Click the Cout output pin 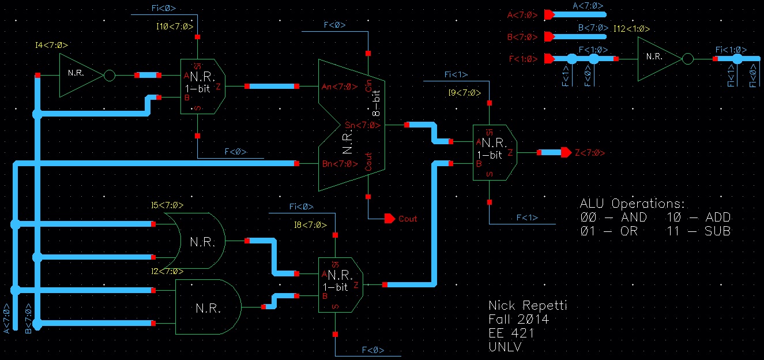(x=390, y=219)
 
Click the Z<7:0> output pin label (x=590, y=153)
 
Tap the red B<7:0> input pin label (x=522, y=37)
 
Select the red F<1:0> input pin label (x=522, y=59)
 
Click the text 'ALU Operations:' (x=633, y=204)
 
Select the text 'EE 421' (x=511, y=333)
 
